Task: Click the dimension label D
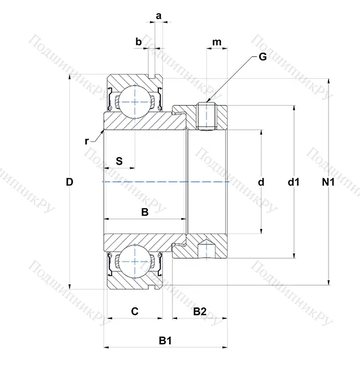click(x=69, y=182)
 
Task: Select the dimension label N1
click(x=328, y=182)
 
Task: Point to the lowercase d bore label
click(x=261, y=182)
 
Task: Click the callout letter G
click(x=263, y=56)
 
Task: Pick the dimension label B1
click(x=165, y=341)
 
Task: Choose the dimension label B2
click(x=199, y=312)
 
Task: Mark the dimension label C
click(x=134, y=312)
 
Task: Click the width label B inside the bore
click(x=145, y=212)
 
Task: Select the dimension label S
click(x=119, y=161)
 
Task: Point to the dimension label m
click(x=217, y=42)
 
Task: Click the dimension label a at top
click(x=158, y=16)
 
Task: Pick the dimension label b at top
click(x=138, y=41)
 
